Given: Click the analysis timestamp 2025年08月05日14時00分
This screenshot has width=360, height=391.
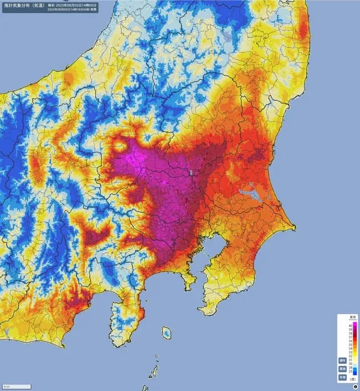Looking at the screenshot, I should pyautogui.click(x=75, y=4).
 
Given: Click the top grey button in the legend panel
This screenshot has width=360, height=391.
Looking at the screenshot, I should pyautogui.click(x=342, y=360).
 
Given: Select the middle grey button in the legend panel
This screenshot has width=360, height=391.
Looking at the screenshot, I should pyautogui.click(x=342, y=368).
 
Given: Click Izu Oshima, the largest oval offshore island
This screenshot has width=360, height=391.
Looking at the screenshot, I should pyautogui.click(x=166, y=333).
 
